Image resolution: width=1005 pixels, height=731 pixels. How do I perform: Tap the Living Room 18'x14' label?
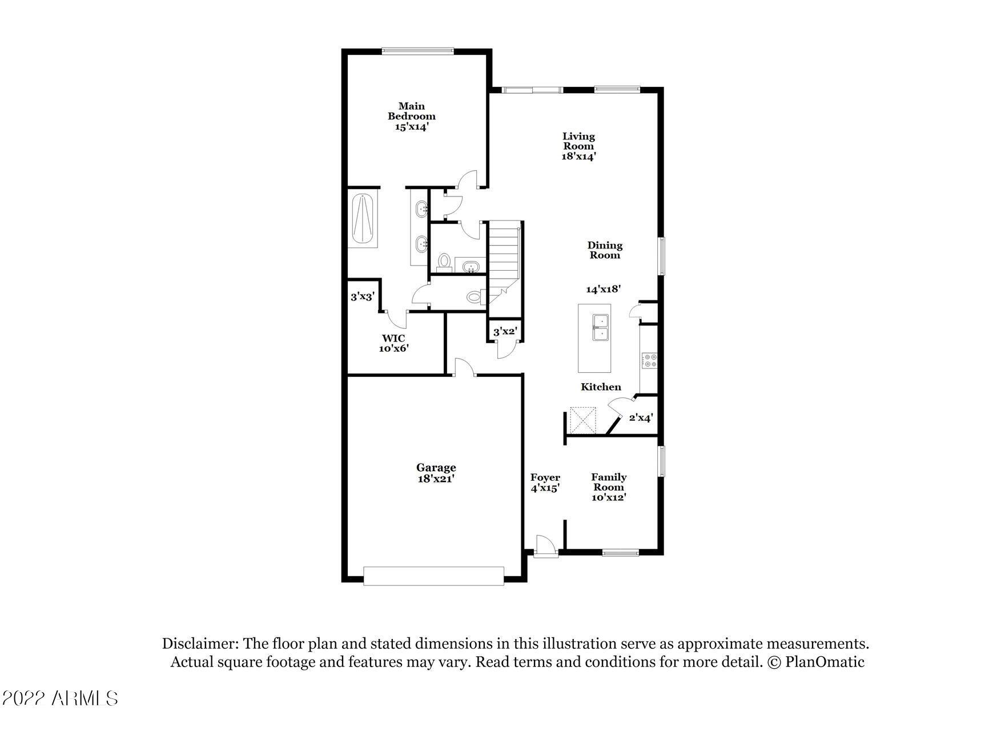tap(578, 146)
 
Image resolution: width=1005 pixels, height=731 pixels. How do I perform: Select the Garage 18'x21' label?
tap(436, 473)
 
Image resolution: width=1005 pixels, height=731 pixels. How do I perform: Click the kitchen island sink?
tap(600, 328)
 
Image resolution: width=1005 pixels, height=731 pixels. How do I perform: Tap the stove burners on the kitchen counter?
tap(650, 360)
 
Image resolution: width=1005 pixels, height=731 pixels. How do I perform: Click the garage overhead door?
tap(433, 576)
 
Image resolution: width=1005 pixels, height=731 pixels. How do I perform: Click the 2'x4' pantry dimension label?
tap(640, 418)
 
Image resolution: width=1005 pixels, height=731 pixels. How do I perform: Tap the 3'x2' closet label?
tap(505, 332)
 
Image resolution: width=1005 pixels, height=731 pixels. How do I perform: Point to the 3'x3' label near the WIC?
tap(362, 297)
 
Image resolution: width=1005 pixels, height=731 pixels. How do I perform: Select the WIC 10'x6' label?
tap(393, 343)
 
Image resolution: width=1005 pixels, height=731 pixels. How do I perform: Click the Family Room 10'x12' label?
tap(608, 487)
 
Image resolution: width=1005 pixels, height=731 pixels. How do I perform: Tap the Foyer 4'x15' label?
tap(545, 483)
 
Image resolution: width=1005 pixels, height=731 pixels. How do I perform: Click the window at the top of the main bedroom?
tap(418, 51)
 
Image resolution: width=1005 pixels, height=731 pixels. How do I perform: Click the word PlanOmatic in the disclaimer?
tap(825, 662)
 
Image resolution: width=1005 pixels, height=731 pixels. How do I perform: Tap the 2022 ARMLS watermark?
tap(59, 698)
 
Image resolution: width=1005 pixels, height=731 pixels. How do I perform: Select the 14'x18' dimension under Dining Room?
tap(603, 290)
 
